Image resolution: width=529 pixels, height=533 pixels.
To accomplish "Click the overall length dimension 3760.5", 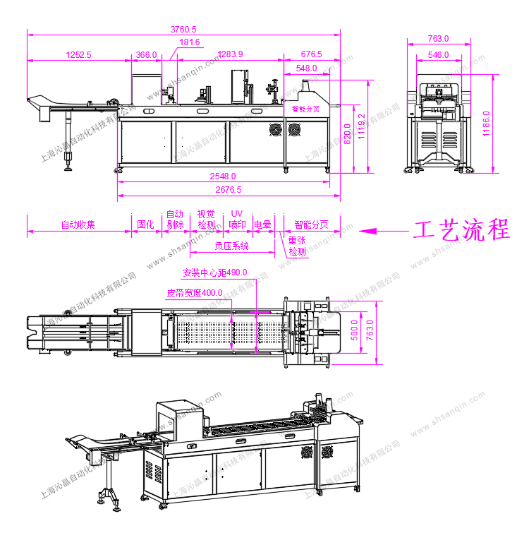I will tap(183, 29).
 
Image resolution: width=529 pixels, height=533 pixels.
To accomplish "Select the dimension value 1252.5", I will tap(78, 54).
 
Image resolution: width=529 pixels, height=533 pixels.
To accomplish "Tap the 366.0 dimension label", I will tap(146, 54).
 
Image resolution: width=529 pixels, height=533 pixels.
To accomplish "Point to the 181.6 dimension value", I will tap(190, 42).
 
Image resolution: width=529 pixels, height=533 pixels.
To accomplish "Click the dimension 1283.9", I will tap(230, 54).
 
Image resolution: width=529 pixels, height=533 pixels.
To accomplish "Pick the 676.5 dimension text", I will tap(311, 54).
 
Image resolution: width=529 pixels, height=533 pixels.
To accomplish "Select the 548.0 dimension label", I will tap(307, 68).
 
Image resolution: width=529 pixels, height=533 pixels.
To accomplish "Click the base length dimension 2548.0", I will tap(223, 176).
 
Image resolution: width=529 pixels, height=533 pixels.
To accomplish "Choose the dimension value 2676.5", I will tap(228, 189).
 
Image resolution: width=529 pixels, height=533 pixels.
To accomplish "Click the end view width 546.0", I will tap(438, 54).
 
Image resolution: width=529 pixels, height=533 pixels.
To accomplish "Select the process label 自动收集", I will tap(78, 225).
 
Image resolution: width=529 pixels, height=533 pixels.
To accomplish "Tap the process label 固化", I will tap(145, 225).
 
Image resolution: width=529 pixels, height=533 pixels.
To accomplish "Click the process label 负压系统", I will tap(232, 246).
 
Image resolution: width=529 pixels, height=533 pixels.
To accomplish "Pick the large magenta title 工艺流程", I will tap(461, 230).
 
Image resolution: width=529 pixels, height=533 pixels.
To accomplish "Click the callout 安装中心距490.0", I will tap(214, 273).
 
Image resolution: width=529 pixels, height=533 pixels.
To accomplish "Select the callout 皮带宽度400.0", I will tap(194, 292).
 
